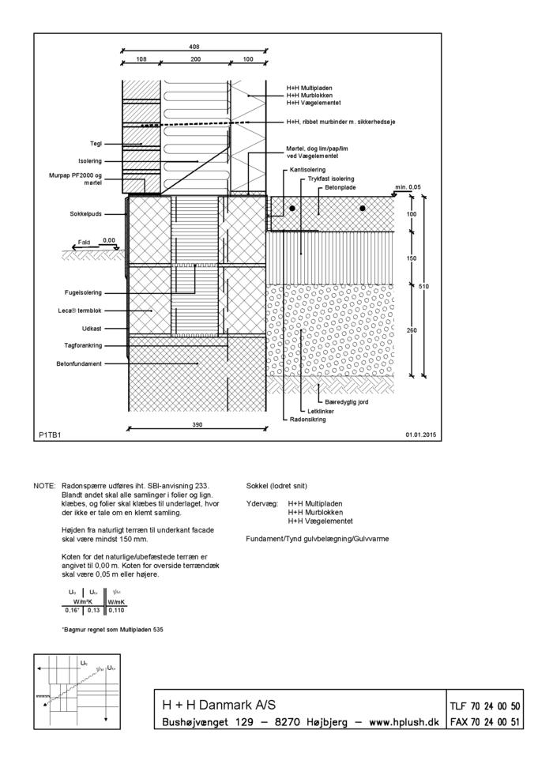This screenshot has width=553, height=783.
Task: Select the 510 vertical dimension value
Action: click(424, 286)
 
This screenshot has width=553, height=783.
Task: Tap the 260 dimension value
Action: click(412, 330)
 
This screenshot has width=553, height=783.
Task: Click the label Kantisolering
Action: click(308, 170)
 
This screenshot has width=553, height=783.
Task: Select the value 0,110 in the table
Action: click(115, 610)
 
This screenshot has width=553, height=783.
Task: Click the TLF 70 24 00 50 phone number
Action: click(484, 706)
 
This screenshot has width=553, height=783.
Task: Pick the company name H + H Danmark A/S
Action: click(219, 705)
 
